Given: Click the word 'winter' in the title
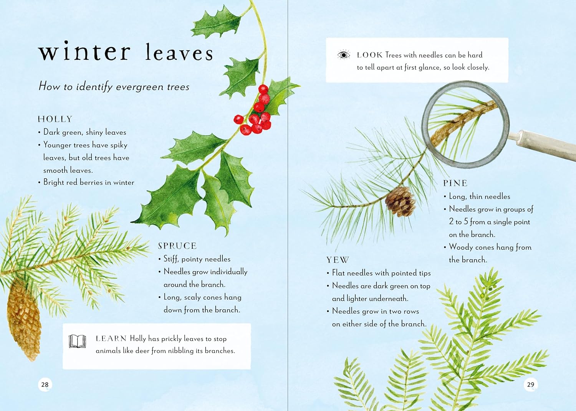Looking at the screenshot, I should [x=84, y=52].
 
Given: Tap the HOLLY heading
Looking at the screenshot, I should [x=55, y=119].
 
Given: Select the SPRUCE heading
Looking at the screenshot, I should [x=177, y=246].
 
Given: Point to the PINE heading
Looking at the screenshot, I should [x=455, y=183].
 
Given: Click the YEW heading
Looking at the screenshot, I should [x=338, y=260].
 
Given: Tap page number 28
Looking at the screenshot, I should [x=45, y=385].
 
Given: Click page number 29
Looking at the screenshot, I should [x=531, y=385].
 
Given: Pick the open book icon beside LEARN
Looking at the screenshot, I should [x=77, y=341].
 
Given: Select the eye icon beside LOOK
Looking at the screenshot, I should [x=344, y=55].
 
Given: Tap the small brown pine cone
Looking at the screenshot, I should [x=401, y=201].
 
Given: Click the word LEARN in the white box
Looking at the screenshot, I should [x=111, y=338].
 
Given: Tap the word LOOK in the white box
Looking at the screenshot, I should [x=370, y=55].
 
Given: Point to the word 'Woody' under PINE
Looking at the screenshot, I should [x=461, y=247].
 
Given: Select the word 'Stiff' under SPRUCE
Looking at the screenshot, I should [x=171, y=259].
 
